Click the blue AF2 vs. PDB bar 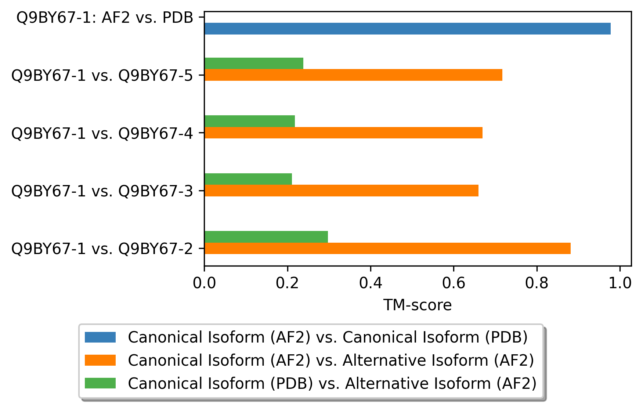407,29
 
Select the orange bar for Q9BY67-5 353,75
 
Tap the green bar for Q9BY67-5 254,64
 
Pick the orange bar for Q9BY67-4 343,133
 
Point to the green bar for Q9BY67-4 250,121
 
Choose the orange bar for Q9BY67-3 342,191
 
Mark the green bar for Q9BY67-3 248,179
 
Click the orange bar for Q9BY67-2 387,249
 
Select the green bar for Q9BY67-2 266,237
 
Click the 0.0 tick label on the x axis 204,283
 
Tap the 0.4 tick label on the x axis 371,283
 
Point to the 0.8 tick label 537,283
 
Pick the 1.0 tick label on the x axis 620,283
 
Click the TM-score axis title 418,305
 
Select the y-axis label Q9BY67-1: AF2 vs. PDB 105,18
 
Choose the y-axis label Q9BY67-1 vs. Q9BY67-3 102,191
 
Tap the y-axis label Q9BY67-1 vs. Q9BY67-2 102,249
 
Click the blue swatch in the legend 100,337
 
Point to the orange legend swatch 100,360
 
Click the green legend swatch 100,383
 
